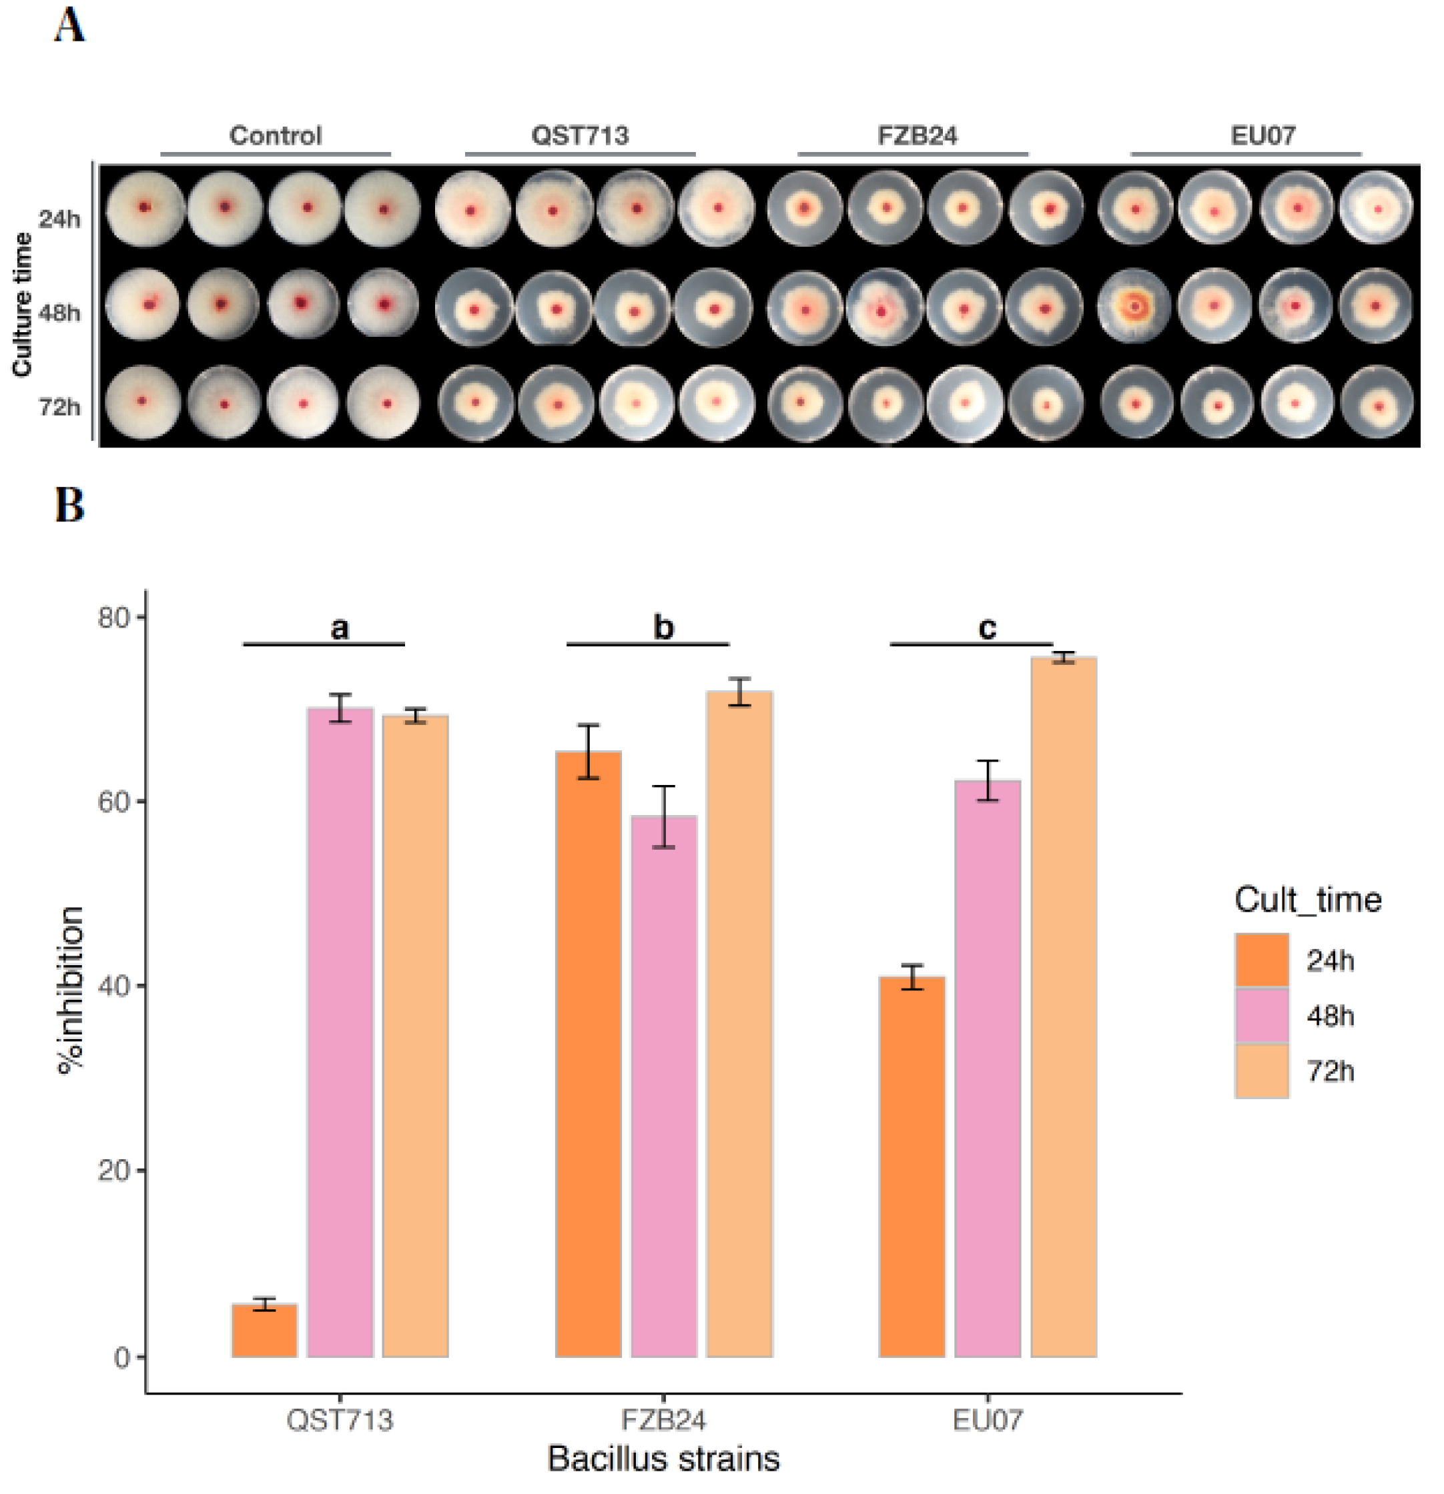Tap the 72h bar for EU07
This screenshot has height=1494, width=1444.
tap(1063, 1006)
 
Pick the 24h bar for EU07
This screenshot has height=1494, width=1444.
tap(911, 1167)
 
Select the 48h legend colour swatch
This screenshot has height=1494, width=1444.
tap(1261, 1015)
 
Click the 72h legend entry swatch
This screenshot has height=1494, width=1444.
tap(1261, 1071)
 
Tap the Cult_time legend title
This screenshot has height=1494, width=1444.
tap(1307, 900)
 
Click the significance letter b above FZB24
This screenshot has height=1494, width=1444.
tap(663, 628)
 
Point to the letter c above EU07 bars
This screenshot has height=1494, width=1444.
tap(986, 628)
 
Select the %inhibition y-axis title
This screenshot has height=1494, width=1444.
tap(70, 991)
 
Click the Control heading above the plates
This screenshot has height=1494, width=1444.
tap(275, 135)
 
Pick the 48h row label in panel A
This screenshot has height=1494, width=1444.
tap(59, 313)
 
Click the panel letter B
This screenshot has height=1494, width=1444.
tap(69, 506)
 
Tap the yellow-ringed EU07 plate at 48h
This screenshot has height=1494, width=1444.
tap(1135, 306)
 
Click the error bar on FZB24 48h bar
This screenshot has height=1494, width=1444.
tap(663, 816)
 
